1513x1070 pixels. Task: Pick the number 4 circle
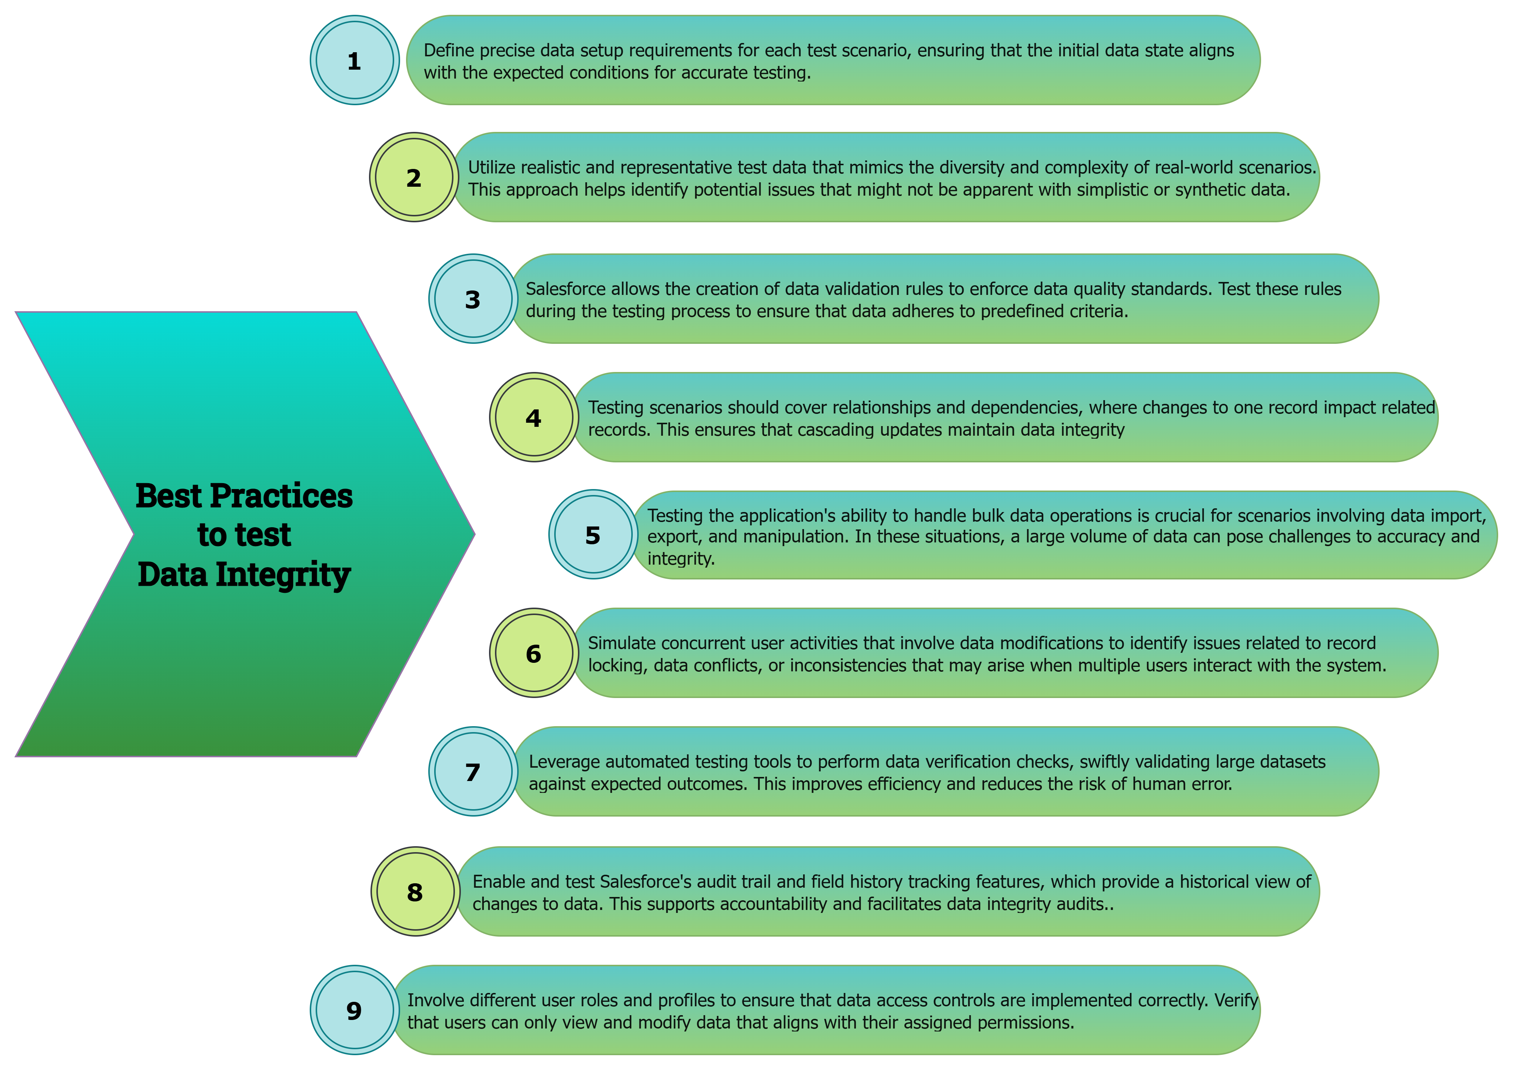pyautogui.click(x=534, y=418)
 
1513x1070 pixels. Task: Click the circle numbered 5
pyautogui.click(x=593, y=535)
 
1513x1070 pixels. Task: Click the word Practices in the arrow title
pyautogui.click(x=282, y=496)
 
